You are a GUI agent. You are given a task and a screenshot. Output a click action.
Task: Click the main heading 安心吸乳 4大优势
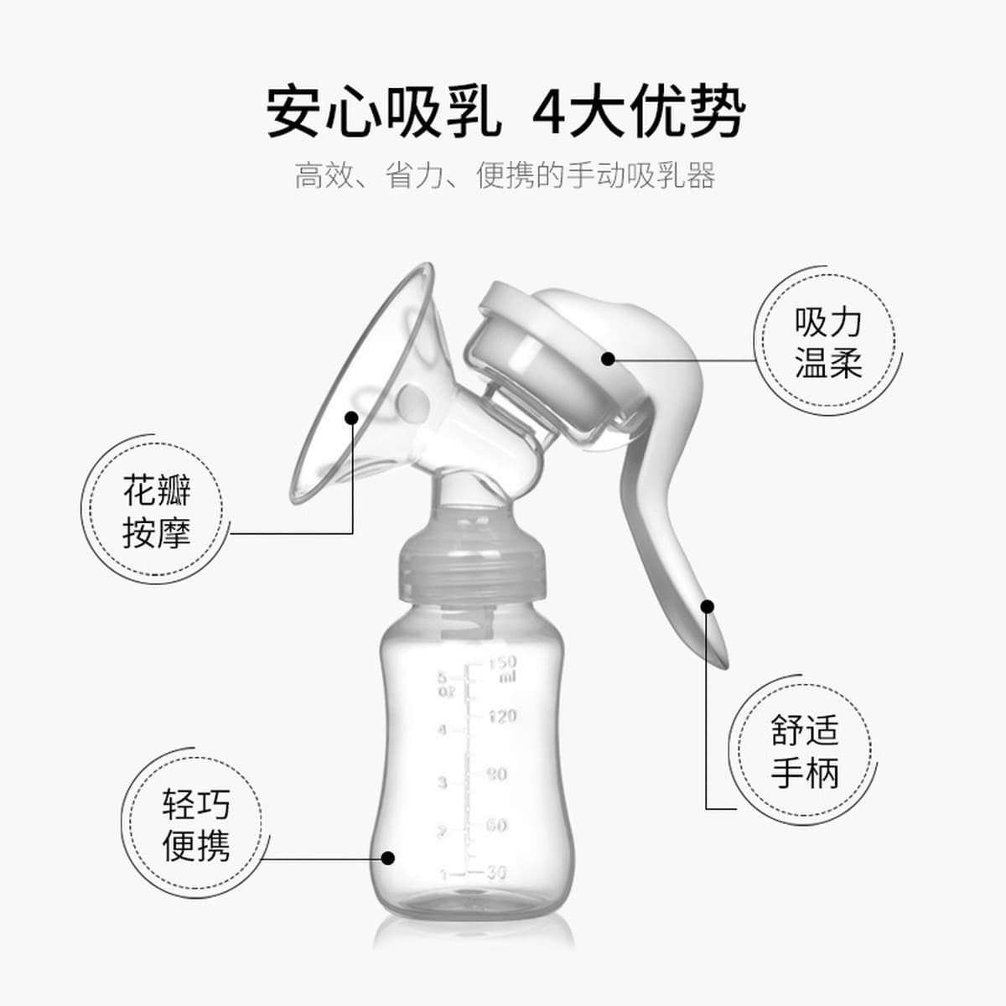[506, 111]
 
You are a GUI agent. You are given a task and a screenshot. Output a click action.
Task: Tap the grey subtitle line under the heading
[505, 175]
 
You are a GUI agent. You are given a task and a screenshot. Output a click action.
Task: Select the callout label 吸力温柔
[827, 343]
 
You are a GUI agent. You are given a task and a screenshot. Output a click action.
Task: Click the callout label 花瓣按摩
[157, 511]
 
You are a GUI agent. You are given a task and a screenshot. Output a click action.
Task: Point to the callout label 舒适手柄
[805, 752]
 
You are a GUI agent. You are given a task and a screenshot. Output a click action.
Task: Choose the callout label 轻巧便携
[196, 825]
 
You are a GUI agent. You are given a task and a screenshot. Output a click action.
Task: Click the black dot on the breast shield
[352, 417]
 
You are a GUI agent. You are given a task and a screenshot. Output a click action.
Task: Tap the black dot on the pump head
[608, 359]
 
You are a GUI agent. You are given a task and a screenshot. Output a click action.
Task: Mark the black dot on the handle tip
[707, 606]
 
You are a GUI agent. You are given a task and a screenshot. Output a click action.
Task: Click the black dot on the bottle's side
[387, 858]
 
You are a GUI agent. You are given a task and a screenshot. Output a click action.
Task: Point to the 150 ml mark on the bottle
[503, 669]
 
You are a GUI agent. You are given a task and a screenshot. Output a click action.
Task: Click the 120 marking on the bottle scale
[502, 716]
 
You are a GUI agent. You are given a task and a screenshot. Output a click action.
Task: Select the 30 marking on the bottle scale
[496, 873]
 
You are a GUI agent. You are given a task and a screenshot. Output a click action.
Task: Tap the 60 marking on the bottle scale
[496, 826]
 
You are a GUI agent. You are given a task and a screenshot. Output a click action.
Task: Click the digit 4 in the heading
[548, 113]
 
